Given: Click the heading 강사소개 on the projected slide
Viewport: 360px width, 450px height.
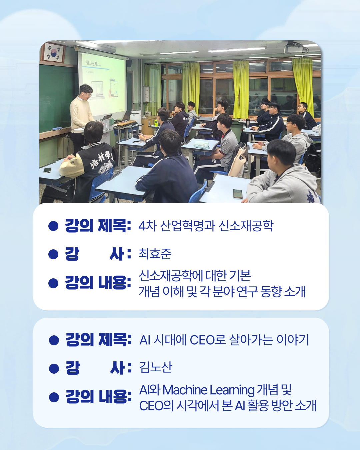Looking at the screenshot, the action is tap(91, 63).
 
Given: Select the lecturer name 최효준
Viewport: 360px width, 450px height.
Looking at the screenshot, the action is tap(155, 254).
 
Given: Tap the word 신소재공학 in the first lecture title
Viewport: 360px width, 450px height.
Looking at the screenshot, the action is tap(246, 226).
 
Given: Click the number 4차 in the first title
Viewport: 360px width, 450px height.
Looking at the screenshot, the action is tap(148, 226).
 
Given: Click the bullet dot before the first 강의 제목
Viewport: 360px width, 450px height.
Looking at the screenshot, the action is tap(53, 226).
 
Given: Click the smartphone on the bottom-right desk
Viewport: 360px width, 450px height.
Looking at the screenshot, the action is tap(238, 194).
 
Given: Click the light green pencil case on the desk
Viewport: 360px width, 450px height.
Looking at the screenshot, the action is tap(201, 144).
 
